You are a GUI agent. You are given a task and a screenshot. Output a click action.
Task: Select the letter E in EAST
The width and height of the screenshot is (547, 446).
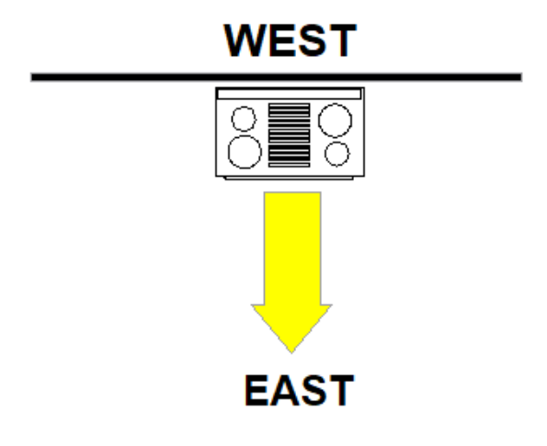tap(257, 391)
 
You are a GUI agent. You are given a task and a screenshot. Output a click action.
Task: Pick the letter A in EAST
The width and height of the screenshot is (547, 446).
tap(284, 391)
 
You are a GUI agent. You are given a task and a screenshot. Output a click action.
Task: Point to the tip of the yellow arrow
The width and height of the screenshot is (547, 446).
tap(291, 350)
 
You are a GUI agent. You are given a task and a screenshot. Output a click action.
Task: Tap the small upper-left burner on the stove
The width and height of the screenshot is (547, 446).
tap(243, 119)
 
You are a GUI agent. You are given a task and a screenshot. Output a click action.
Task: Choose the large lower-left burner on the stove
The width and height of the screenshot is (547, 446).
tap(245, 152)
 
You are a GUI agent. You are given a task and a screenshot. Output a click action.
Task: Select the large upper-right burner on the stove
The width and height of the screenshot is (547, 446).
tap(334, 120)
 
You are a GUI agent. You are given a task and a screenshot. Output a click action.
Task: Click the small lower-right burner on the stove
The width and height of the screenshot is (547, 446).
tap(337, 152)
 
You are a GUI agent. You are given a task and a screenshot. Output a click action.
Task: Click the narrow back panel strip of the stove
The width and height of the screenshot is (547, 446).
tap(290, 94)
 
